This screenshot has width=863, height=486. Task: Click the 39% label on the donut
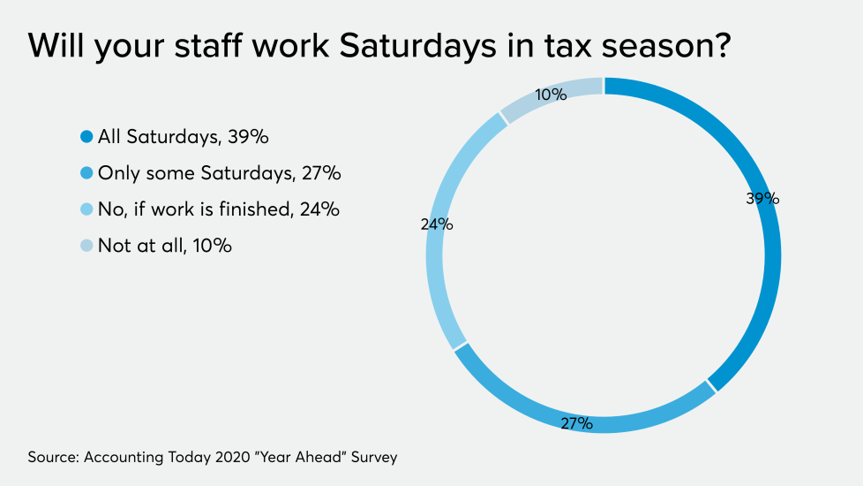(762, 199)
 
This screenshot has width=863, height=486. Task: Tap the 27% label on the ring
(576, 424)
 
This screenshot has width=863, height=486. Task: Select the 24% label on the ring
(437, 224)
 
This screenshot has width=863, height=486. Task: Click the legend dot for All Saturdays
(86, 137)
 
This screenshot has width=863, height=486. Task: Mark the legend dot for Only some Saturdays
(86, 173)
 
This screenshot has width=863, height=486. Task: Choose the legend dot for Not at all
(86, 246)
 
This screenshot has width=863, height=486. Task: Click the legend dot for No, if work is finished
(86, 209)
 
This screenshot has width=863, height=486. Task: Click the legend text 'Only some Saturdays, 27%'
(219, 173)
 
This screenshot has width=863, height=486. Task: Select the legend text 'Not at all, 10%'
(164, 246)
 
